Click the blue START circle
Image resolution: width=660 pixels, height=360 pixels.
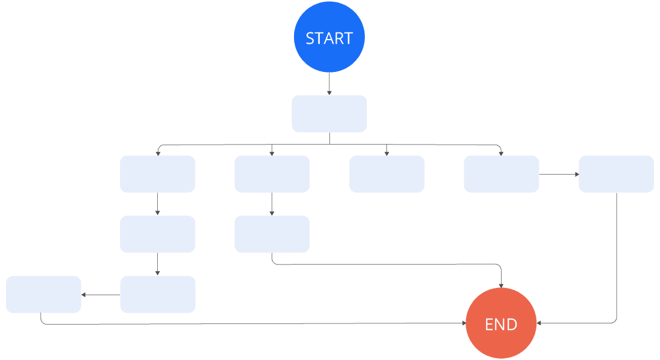tap(329, 37)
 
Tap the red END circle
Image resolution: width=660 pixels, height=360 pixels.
tap(501, 323)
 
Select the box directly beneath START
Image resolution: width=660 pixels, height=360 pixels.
tap(329, 113)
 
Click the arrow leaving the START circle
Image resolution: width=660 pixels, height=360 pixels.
tap(329, 83)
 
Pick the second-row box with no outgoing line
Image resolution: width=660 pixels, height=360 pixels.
tap(386, 174)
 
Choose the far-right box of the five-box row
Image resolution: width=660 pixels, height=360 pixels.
tap(616, 174)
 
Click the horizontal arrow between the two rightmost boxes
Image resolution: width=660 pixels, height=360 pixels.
tap(559, 175)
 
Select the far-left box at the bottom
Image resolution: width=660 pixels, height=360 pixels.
tap(44, 295)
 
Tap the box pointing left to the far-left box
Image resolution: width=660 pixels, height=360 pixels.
tap(157, 295)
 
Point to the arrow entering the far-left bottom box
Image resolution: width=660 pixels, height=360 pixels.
tap(100, 295)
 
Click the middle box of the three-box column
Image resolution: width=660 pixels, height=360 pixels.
tap(157, 234)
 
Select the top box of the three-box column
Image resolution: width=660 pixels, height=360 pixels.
tap(157, 174)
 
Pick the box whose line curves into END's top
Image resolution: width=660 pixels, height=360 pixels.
tap(272, 234)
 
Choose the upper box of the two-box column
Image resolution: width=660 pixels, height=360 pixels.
tap(272, 174)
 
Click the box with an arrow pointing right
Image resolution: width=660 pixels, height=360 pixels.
tap(501, 174)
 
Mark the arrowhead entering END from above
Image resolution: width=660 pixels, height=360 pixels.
tap(501, 284)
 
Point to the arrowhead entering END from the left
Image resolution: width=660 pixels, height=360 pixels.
tap(463, 323)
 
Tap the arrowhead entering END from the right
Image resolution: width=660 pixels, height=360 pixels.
tap(539, 323)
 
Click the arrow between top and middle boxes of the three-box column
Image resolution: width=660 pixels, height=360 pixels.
tap(157, 204)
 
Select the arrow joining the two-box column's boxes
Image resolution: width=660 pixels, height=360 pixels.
tap(272, 204)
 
